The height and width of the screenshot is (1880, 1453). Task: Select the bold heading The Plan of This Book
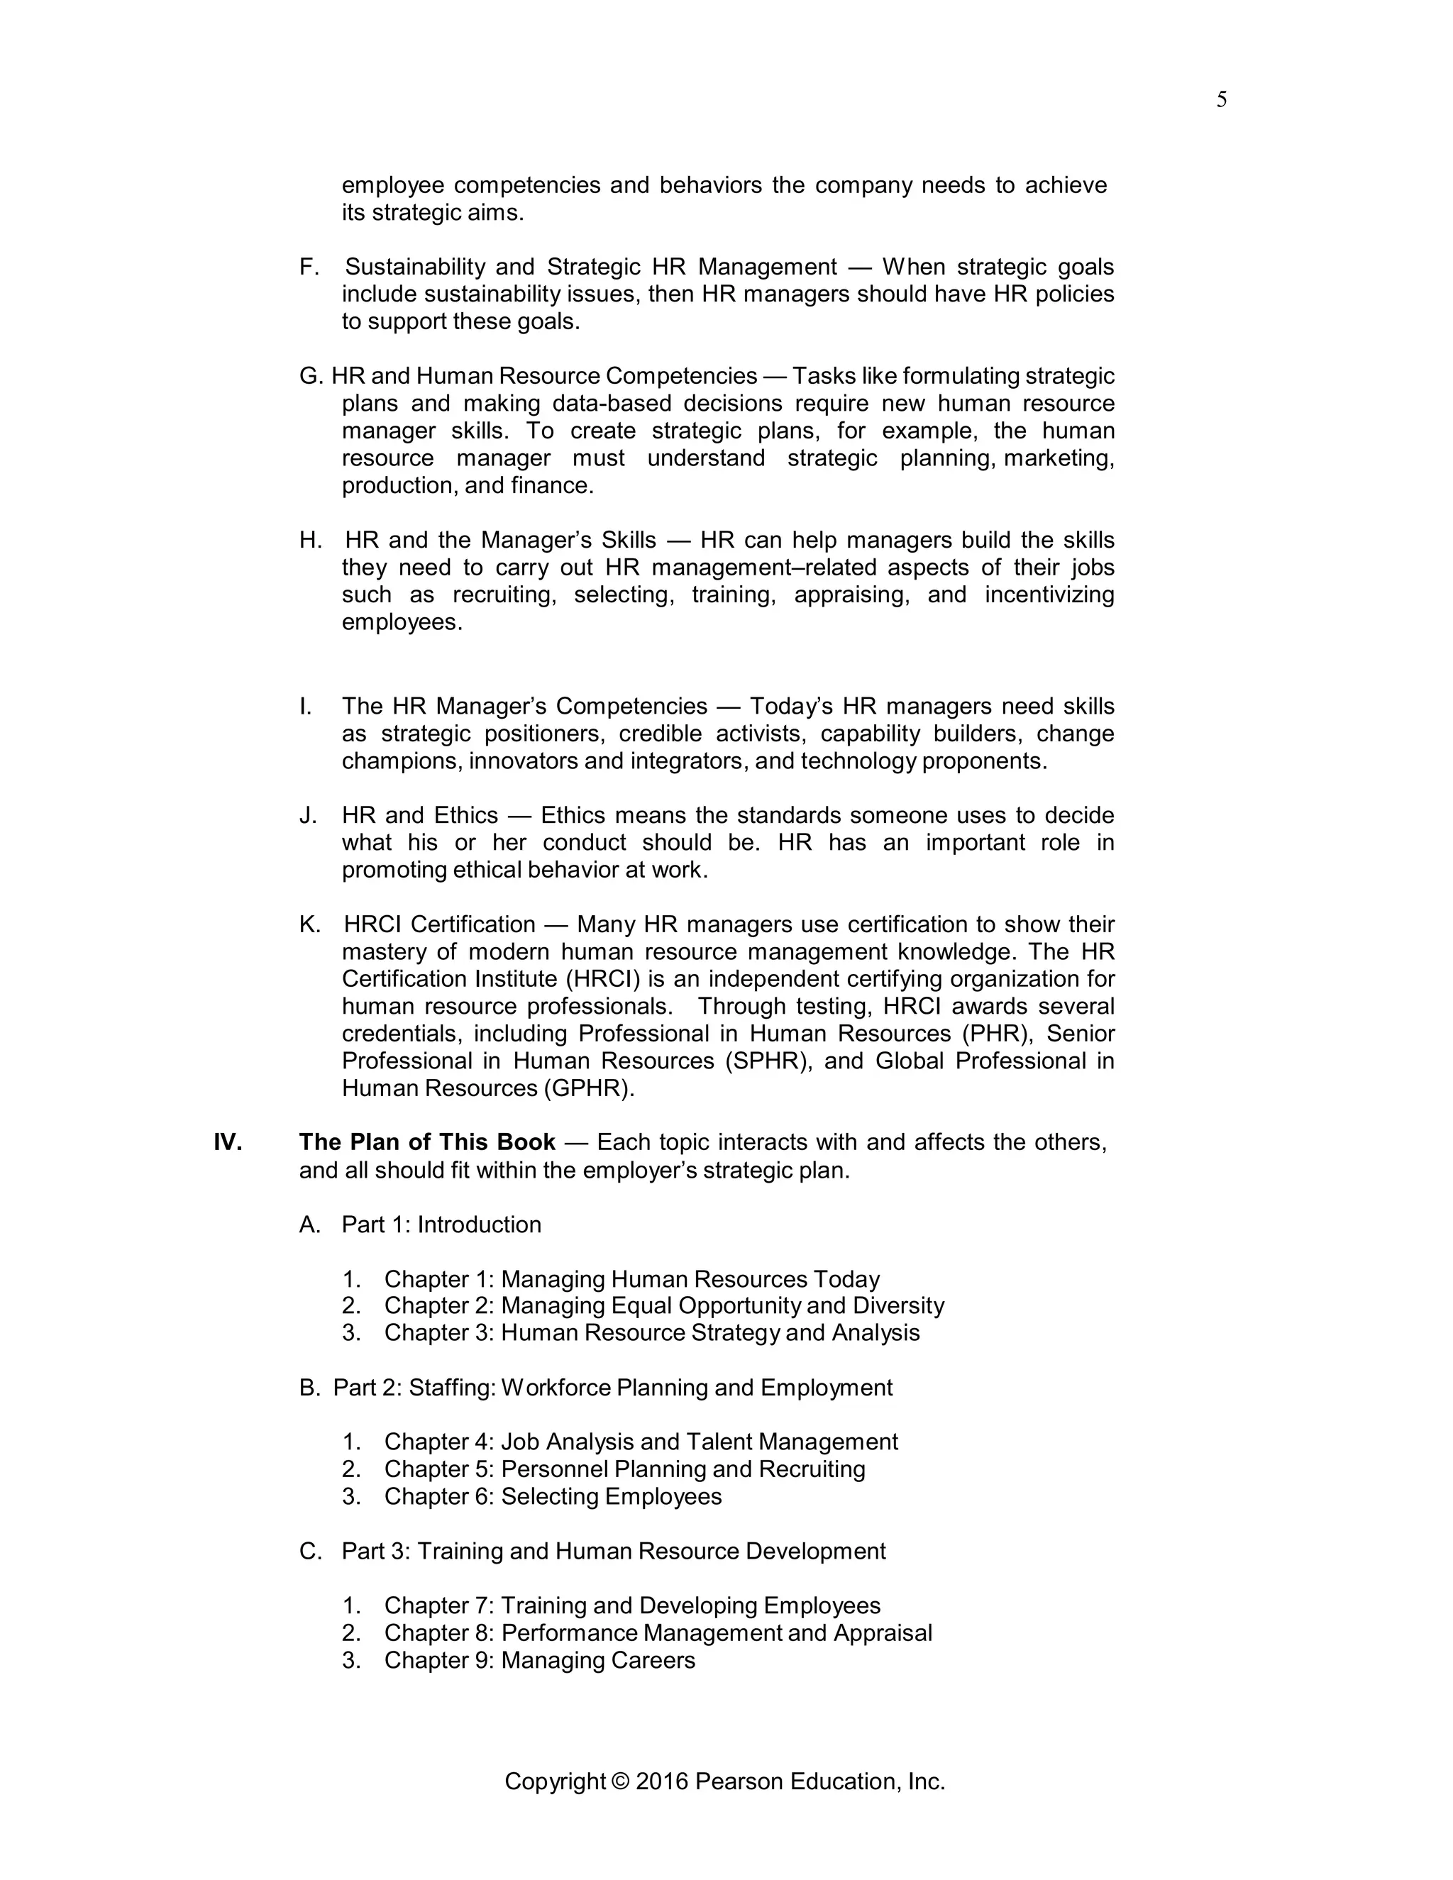click(427, 1142)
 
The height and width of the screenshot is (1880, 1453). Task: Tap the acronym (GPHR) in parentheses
click(588, 1088)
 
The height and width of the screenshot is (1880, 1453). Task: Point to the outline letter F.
click(308, 267)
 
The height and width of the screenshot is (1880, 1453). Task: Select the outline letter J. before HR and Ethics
click(307, 815)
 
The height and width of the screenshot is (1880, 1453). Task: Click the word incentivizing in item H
click(1049, 595)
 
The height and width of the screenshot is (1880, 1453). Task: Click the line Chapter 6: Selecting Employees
click(552, 1496)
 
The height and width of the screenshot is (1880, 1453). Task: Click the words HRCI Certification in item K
click(439, 924)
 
